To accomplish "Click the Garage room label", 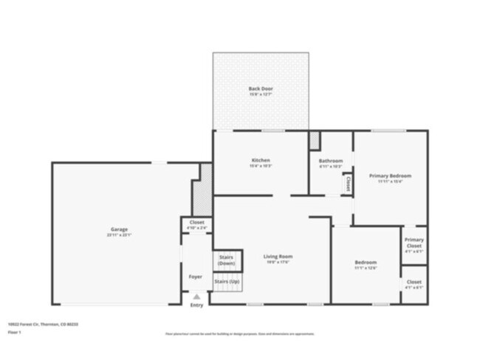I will click(118, 229).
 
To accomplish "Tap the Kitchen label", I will click(261, 160).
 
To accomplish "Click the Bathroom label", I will click(330, 161).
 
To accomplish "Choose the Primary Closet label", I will click(414, 242).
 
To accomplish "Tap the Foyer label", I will click(196, 277).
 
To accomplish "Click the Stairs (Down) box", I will click(227, 260).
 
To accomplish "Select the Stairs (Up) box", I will click(227, 282).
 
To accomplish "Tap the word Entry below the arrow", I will click(196, 305).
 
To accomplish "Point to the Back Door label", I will click(261, 89).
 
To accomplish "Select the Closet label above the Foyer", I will click(196, 222).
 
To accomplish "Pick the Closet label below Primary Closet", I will click(414, 282).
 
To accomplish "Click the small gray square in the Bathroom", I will click(314, 139).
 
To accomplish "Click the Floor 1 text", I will click(14, 333).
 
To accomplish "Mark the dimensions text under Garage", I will click(118, 235).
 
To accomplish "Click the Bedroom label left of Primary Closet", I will click(366, 263).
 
